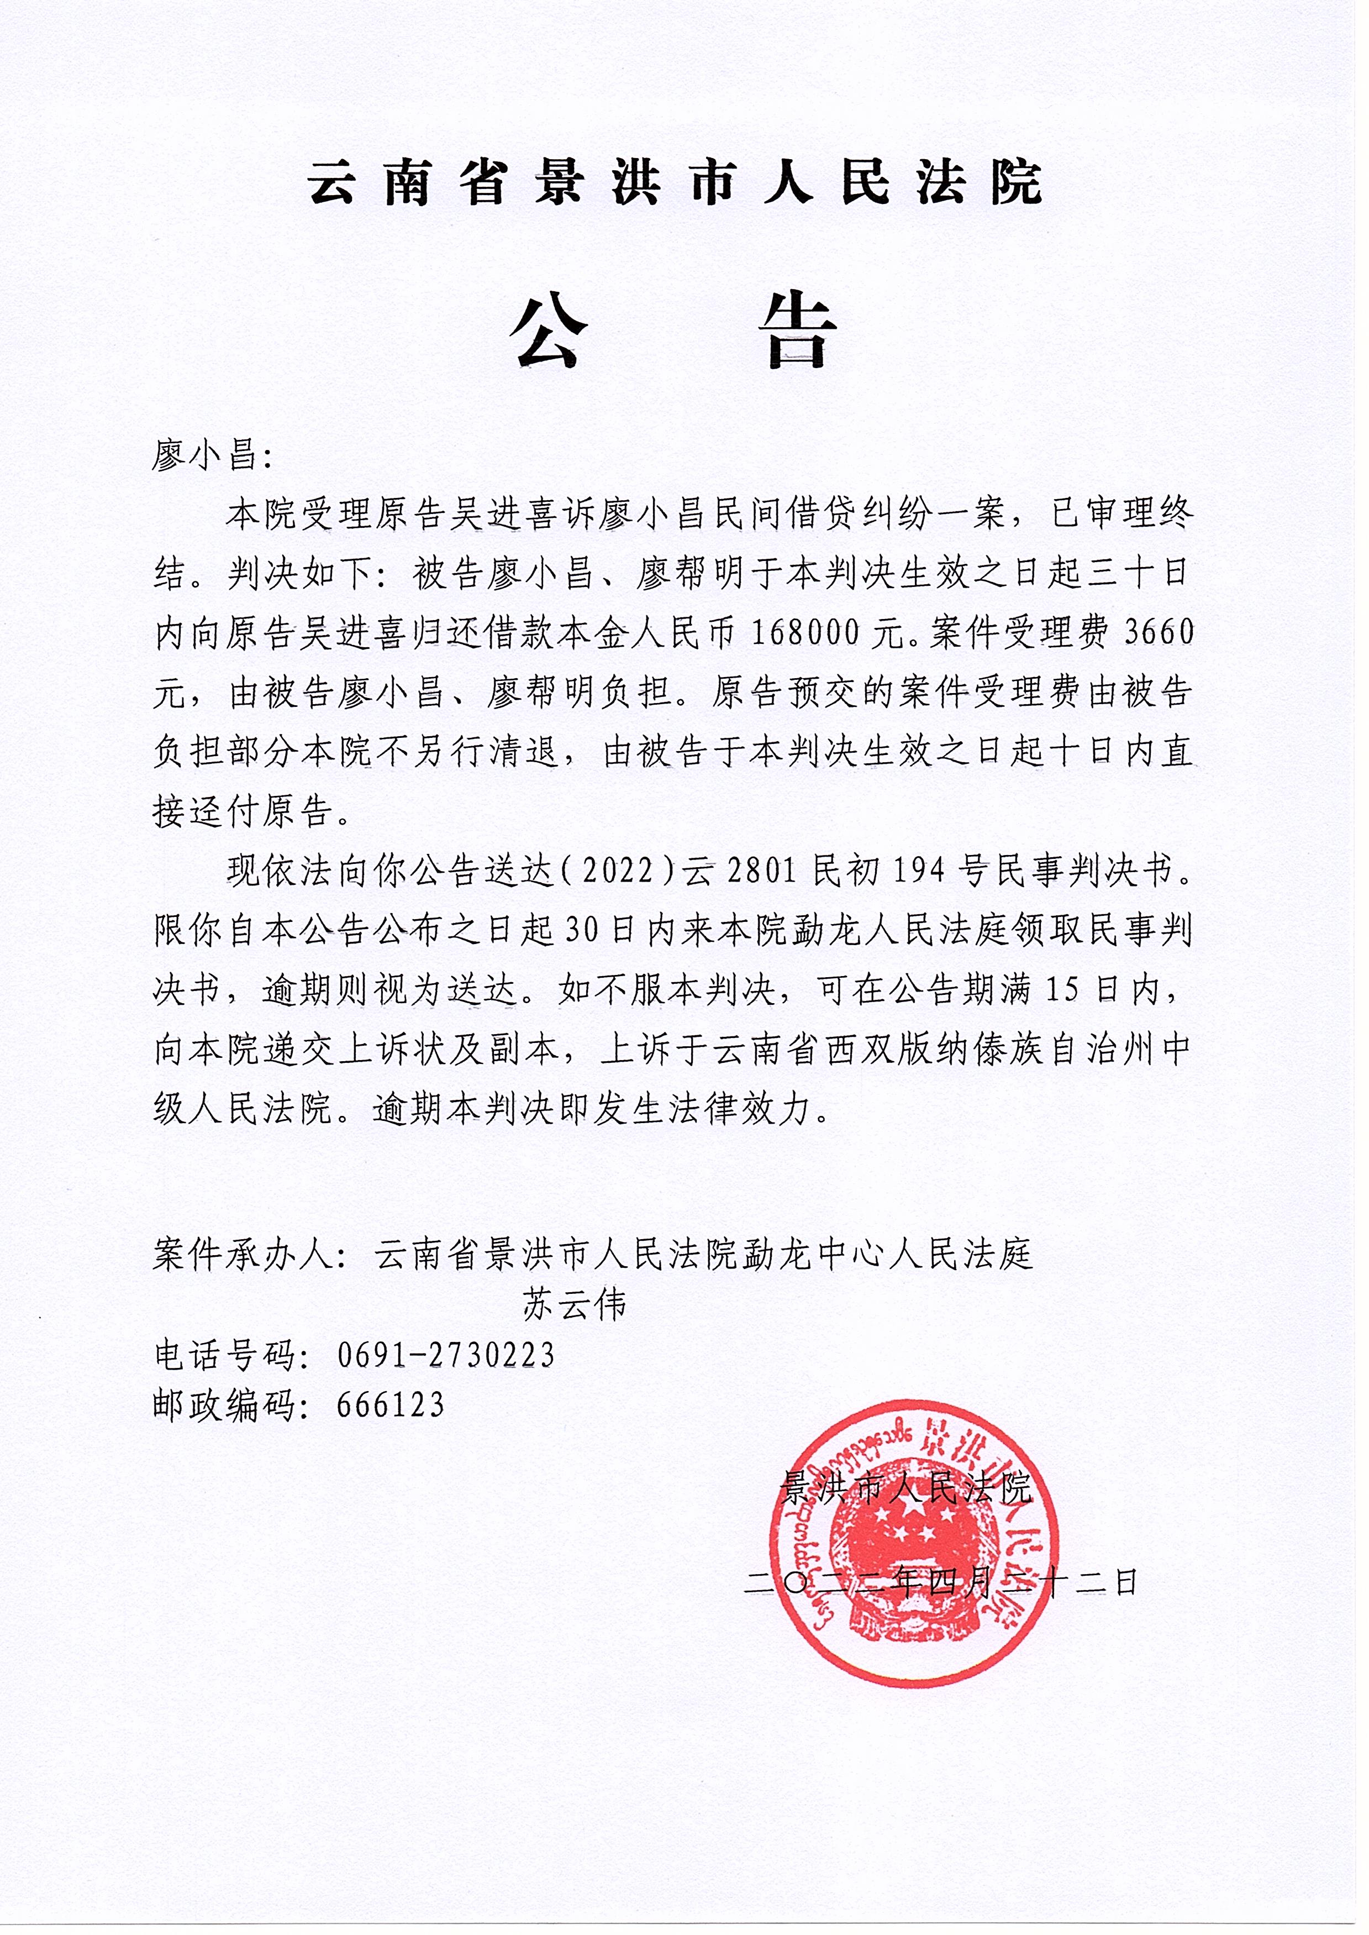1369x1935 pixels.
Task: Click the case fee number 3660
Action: pos(1160,632)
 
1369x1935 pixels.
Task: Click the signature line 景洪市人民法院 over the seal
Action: pos(906,1489)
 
